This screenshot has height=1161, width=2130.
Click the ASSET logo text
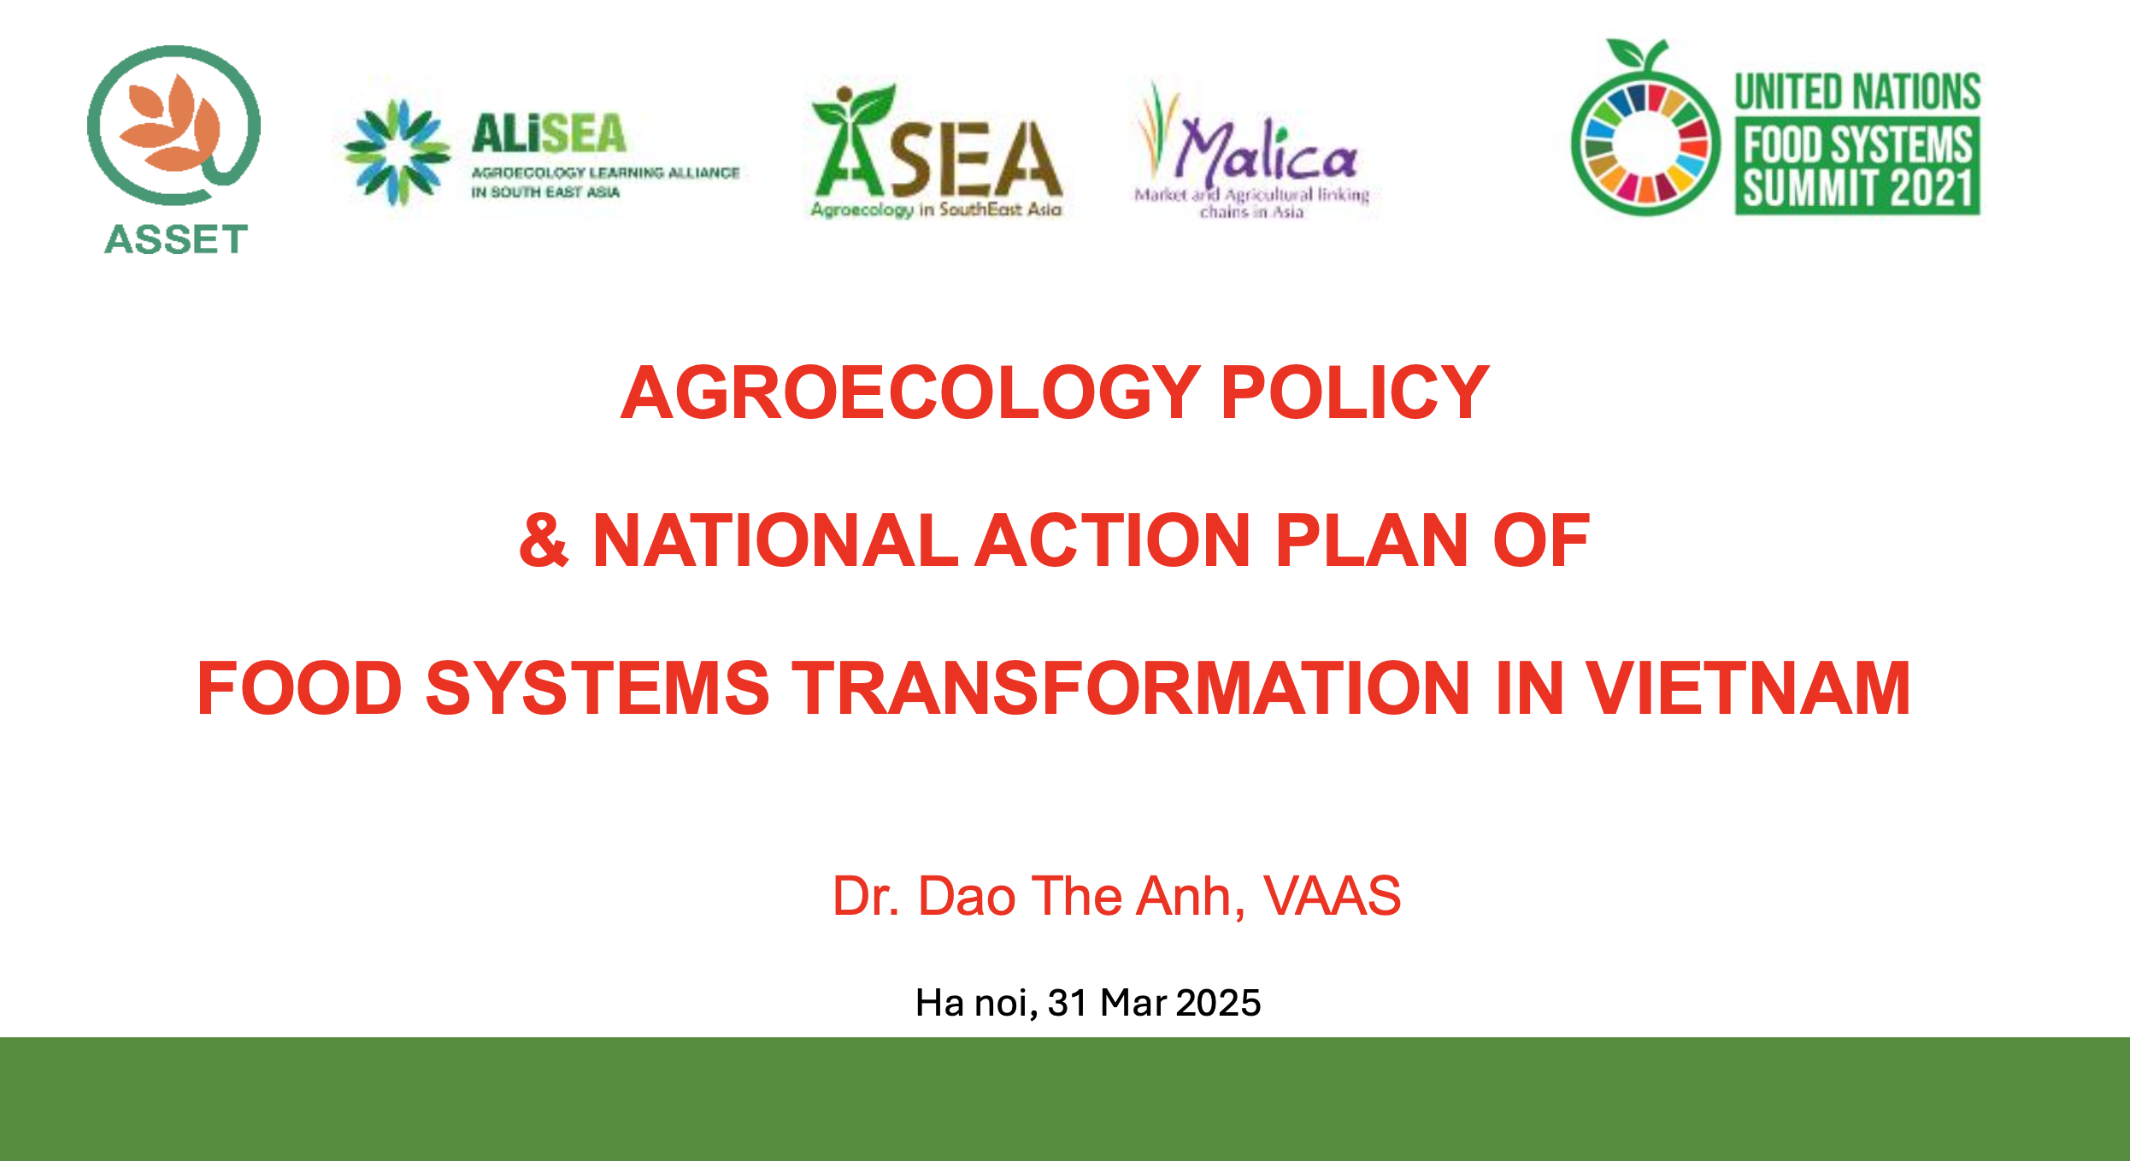[176, 239]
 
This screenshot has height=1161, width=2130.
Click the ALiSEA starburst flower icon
[397, 153]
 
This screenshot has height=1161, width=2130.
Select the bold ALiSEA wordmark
[549, 134]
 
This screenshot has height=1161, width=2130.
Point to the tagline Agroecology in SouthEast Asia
[936, 209]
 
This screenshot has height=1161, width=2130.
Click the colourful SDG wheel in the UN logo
[1645, 144]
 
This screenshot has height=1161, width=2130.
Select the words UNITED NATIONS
[1857, 92]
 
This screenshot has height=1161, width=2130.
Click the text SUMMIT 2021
[1857, 188]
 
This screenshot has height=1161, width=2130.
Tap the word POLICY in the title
[1355, 392]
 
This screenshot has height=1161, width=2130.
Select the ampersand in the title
[544, 539]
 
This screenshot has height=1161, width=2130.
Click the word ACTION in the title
[1114, 539]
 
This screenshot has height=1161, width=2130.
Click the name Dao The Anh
[1075, 896]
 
